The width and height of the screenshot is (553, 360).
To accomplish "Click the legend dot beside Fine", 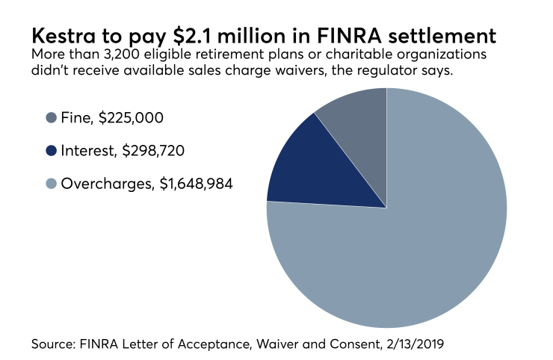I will click(x=52, y=117).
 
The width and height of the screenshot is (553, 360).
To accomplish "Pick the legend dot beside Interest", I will click(x=52, y=150).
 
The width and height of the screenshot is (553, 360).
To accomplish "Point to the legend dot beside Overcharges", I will click(x=52, y=183).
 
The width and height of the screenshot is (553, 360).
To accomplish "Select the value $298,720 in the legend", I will click(x=154, y=150).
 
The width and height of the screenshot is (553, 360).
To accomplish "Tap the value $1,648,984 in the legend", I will click(x=197, y=183).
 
